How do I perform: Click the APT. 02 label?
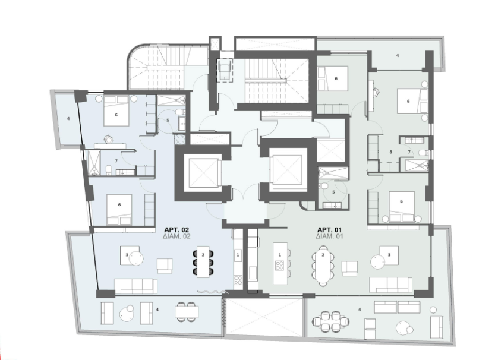tap(176, 230)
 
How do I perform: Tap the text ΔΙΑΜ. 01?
tap(329, 236)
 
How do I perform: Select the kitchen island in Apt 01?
tap(280, 263)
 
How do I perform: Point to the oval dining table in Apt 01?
tap(323, 266)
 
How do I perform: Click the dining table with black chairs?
tap(203, 262)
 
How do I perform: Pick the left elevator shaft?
tap(202, 173)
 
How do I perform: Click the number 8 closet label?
tap(390, 152)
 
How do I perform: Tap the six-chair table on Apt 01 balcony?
tap(331, 321)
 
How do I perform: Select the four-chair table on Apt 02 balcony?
tap(187, 312)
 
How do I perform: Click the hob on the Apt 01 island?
tap(280, 265)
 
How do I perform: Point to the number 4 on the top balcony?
tap(397, 55)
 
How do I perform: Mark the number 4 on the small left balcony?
tap(68, 119)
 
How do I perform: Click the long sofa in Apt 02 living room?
tap(135, 286)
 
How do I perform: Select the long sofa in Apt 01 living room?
tap(391, 285)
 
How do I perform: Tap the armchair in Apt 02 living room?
tap(165, 266)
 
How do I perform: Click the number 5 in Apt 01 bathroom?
tap(333, 192)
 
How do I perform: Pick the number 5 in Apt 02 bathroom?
tap(168, 120)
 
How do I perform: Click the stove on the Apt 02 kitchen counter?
tap(238, 280)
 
